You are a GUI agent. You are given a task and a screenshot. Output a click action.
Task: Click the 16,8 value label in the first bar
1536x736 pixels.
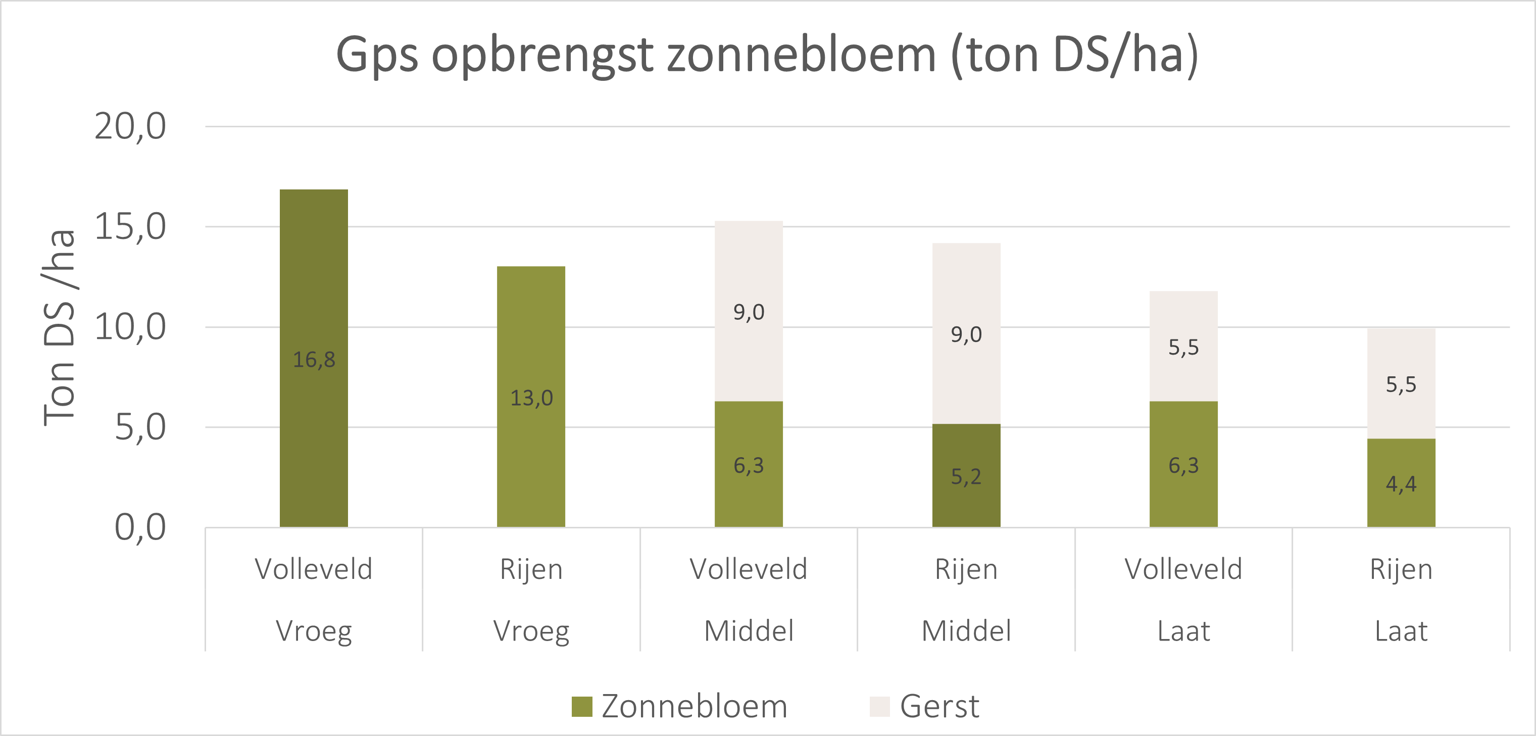314,360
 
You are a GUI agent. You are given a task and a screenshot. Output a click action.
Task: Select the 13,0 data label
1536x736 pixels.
531,398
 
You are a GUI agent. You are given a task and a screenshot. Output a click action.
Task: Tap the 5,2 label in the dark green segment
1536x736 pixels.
966,476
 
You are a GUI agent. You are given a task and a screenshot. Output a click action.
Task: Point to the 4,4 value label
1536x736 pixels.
1401,484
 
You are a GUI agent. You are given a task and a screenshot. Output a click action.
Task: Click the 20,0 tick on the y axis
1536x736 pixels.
130,126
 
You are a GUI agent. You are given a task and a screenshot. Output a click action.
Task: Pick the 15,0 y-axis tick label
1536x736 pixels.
130,227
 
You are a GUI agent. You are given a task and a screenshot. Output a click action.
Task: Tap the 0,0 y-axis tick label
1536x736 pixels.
139,527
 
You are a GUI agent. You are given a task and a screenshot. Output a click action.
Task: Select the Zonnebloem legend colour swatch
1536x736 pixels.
581,706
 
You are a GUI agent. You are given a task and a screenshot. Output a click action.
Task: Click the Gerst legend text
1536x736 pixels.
939,706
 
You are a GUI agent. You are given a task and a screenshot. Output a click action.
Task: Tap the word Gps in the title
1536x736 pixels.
377,55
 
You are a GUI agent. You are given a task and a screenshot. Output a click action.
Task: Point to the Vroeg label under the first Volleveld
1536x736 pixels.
314,631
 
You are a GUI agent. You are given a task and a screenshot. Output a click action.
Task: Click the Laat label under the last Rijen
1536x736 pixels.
1401,631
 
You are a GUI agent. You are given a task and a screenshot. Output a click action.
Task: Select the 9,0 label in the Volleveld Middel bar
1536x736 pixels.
749,312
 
